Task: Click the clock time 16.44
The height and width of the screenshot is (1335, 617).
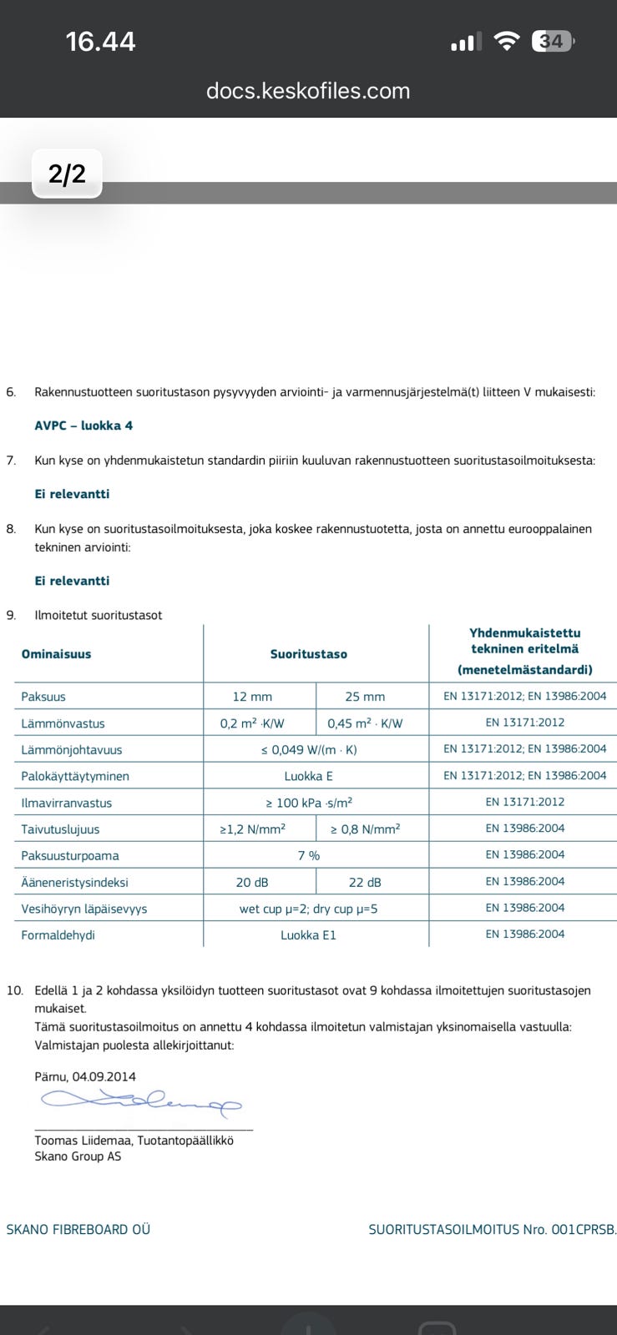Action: click(100, 41)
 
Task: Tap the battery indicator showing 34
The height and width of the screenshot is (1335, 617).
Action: click(553, 41)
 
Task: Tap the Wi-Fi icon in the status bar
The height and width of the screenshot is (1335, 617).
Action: click(506, 41)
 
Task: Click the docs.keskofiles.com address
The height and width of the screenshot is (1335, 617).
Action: click(308, 91)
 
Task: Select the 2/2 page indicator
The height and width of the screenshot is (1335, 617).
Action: click(67, 174)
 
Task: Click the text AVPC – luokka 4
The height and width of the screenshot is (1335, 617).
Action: click(83, 426)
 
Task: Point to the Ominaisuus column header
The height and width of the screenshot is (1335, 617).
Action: click(56, 654)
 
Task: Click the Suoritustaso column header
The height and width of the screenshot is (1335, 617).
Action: click(308, 654)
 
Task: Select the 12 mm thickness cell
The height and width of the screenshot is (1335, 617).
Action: click(252, 697)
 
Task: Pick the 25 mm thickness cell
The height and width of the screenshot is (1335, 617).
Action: click(365, 697)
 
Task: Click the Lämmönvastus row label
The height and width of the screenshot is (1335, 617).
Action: click(63, 723)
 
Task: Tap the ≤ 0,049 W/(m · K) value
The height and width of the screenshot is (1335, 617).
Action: click(309, 749)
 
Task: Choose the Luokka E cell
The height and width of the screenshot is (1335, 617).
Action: click(308, 776)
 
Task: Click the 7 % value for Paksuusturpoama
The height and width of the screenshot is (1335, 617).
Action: click(309, 855)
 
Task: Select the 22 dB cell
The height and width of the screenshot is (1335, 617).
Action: click(365, 882)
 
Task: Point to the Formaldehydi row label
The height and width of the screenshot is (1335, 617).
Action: click(58, 935)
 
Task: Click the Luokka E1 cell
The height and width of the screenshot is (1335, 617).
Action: click(308, 935)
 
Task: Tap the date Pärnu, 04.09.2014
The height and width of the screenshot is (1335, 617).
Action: click(85, 1076)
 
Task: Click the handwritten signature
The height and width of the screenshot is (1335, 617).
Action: click(142, 1102)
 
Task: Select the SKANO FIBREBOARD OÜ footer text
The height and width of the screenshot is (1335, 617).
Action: click(78, 1229)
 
